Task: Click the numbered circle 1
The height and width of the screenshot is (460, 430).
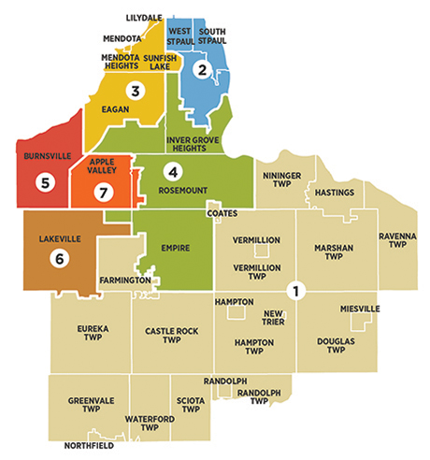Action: tap(296, 291)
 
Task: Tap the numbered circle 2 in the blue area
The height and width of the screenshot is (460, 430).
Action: tap(200, 68)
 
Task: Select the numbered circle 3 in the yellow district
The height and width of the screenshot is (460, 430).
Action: tap(136, 91)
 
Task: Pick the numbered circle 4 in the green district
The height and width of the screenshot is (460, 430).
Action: tap(171, 171)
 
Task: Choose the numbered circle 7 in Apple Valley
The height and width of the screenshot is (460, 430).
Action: tap(104, 192)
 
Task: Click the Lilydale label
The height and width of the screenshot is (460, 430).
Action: tap(143, 18)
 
